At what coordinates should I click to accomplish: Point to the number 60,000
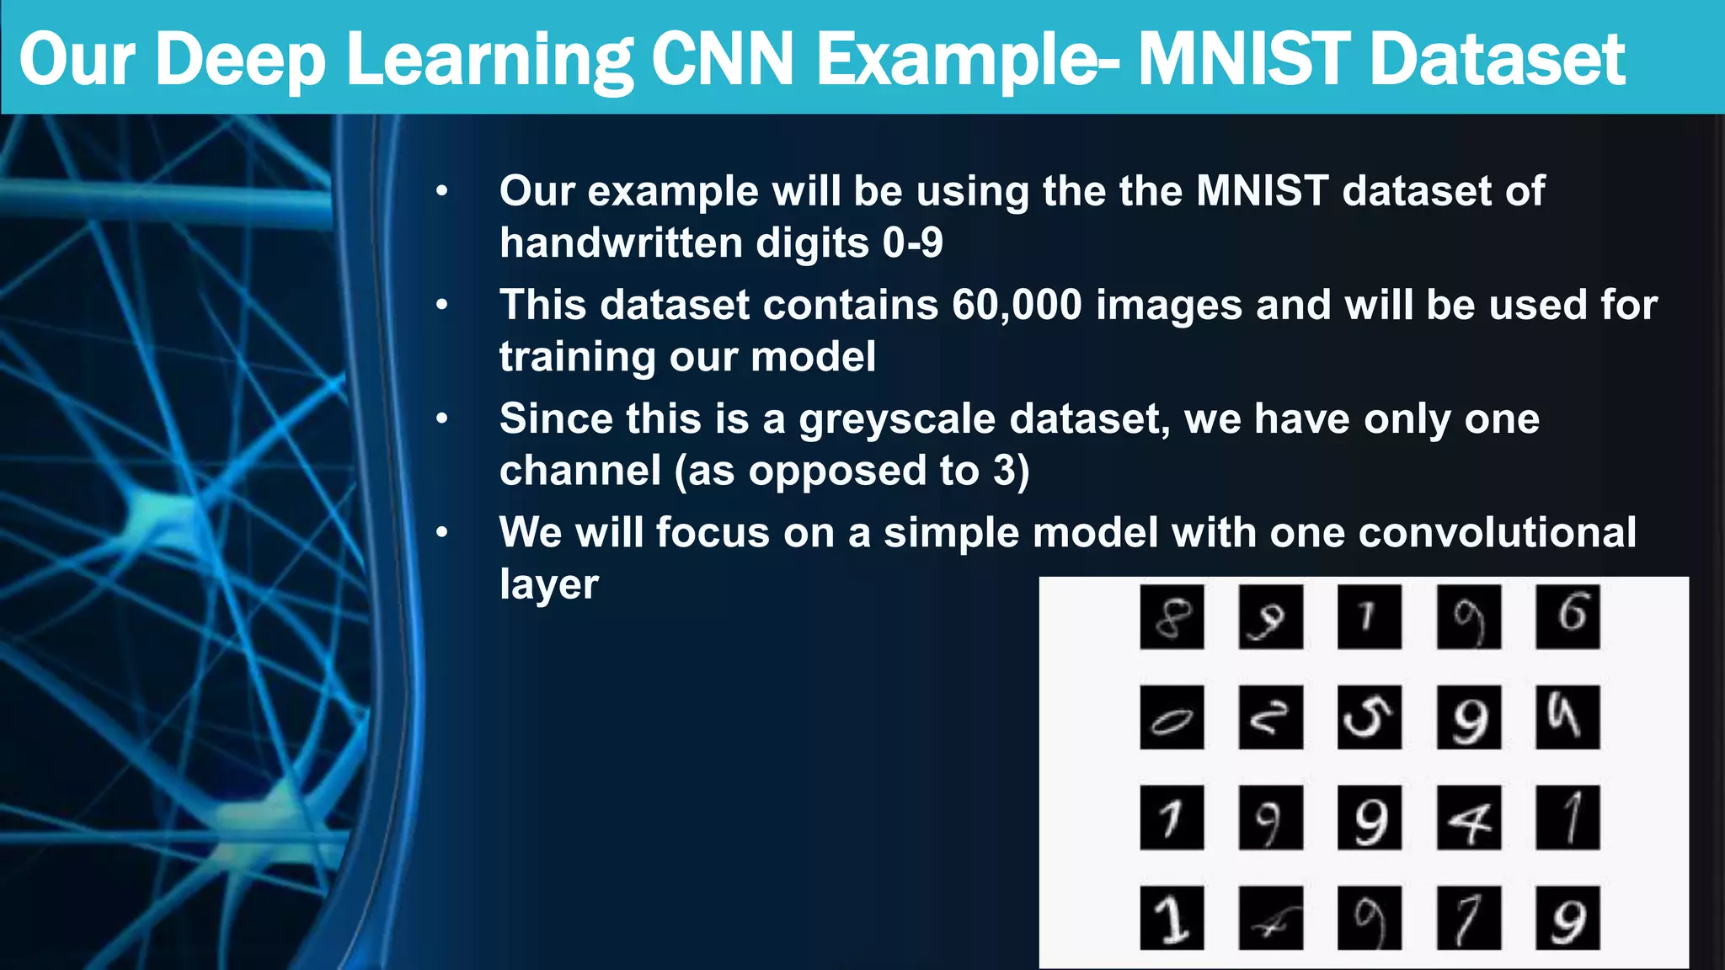(1017, 304)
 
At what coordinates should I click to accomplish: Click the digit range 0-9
(912, 243)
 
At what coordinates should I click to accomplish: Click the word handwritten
(620, 243)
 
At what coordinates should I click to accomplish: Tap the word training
(576, 357)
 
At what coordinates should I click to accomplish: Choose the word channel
(580, 471)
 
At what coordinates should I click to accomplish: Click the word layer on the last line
(548, 584)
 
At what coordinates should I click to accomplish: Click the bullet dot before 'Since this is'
(442, 418)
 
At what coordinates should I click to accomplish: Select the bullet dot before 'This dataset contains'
(442, 304)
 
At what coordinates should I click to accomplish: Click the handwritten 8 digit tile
(1172, 617)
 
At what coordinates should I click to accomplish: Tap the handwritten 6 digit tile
(1567, 617)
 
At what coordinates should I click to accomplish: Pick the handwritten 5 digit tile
(1370, 717)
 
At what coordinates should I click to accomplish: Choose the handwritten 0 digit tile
(1172, 717)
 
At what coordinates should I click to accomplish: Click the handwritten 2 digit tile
(1270, 717)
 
